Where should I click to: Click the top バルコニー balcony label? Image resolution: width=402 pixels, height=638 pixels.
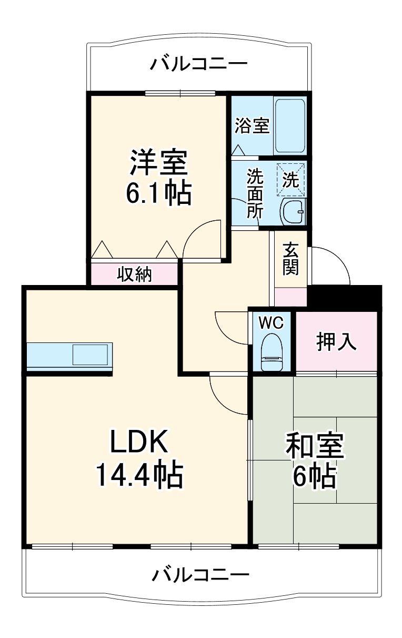[199, 65]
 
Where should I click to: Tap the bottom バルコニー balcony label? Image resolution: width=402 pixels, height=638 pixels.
[200, 574]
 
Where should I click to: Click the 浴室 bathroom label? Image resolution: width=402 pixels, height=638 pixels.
[252, 126]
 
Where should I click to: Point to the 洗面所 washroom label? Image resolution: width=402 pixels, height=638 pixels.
[255, 193]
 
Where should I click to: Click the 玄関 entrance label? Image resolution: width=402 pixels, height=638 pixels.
[290, 259]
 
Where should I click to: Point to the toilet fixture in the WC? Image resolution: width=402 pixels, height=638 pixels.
[273, 351]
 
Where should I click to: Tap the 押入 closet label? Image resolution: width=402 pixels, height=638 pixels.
[337, 342]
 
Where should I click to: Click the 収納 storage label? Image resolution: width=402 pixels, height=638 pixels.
[134, 274]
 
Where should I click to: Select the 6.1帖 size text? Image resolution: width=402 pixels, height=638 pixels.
[158, 194]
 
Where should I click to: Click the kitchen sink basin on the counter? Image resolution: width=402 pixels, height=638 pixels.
[91, 355]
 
